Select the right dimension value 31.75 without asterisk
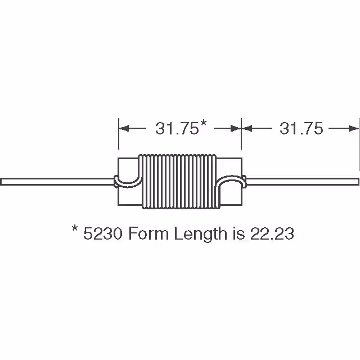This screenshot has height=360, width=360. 301,129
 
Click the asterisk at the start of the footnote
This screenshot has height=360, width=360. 75,231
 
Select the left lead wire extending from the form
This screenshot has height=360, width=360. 56,181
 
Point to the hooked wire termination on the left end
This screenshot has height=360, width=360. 127,181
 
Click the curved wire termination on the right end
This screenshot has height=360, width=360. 231,182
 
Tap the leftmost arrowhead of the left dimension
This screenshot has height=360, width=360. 122,129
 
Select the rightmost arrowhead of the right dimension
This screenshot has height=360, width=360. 355,129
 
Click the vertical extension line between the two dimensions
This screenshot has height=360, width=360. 241,135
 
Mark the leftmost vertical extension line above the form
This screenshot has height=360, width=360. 118,135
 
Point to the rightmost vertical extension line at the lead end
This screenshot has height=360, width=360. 359,143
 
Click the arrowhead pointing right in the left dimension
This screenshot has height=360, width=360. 236,129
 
